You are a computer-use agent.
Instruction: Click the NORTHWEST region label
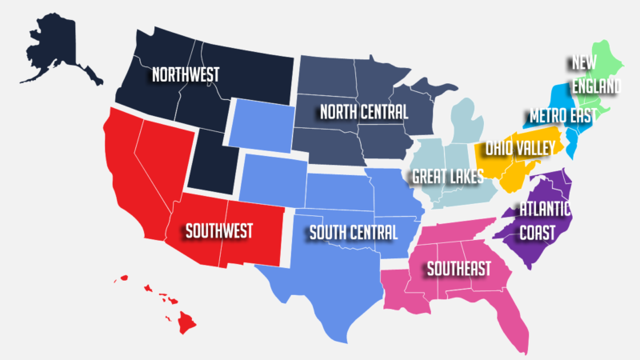(x=186, y=74)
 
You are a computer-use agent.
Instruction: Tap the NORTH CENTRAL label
(x=363, y=111)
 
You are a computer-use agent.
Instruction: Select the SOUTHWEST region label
(x=218, y=231)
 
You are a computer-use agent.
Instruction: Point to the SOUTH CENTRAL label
(x=353, y=233)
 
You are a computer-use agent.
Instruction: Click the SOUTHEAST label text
(x=458, y=269)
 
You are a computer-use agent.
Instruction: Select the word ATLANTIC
(x=545, y=210)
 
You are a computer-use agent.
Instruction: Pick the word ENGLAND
(x=596, y=85)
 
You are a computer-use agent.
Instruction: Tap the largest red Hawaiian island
(x=187, y=322)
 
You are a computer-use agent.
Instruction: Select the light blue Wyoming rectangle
(x=259, y=123)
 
